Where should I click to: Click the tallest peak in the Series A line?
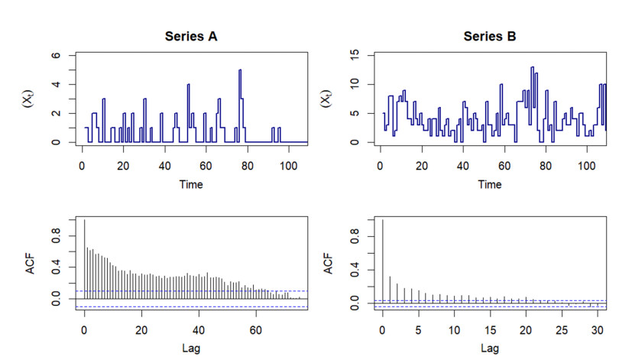point(240,70)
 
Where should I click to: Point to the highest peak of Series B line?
point(532,68)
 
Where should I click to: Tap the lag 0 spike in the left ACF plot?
point(84,260)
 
